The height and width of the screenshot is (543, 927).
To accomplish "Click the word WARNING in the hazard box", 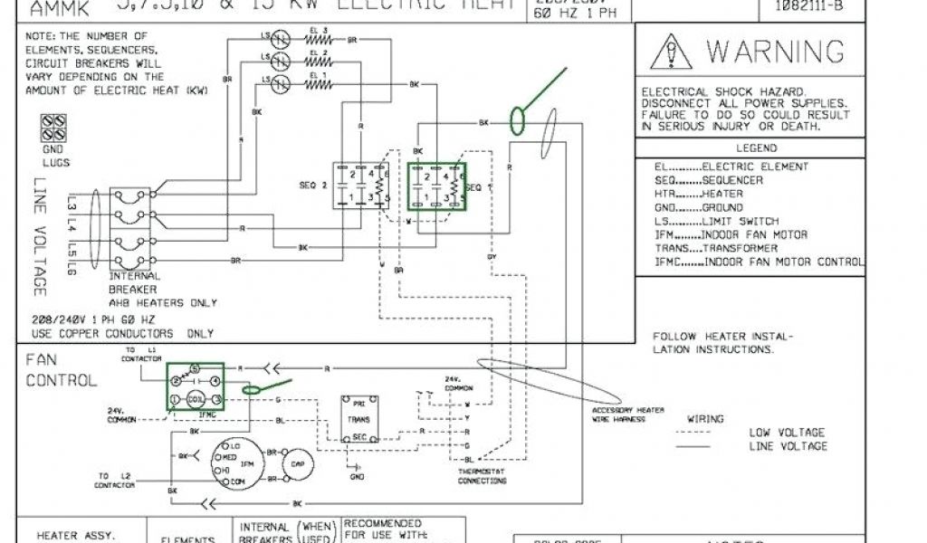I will pos(775,52).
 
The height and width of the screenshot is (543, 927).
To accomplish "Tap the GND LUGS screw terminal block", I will pos(53,127).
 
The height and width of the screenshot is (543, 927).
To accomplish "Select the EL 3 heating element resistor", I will pos(318,40).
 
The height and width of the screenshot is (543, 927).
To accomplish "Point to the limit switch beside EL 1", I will pos(281,82).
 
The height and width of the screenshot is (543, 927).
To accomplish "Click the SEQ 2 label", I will pos(312,185).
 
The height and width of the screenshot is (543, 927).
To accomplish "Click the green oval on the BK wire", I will pos(519,120).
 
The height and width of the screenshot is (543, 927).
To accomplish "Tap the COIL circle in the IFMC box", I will pos(195,399).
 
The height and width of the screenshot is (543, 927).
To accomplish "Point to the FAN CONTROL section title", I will pos(61,370).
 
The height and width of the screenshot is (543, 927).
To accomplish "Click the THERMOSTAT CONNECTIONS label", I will pos(483,477).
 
